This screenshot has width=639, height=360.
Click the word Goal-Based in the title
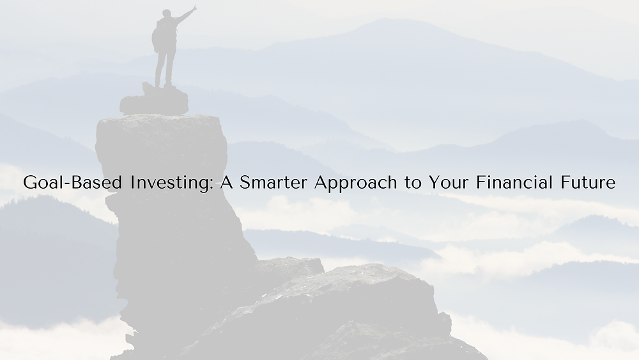click(73, 182)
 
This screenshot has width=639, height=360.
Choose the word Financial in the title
click(514, 182)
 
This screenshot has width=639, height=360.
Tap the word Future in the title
click(588, 182)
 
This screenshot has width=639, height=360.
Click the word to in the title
click(413, 183)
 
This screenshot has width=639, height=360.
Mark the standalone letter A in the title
click(226, 182)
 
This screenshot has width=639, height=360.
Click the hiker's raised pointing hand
click(194, 7)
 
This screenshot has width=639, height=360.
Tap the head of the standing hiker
click(167, 13)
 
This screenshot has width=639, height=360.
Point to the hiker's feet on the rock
click(163, 86)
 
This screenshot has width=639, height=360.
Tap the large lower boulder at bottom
click(343, 314)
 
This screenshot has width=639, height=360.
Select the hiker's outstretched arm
click(184, 15)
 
